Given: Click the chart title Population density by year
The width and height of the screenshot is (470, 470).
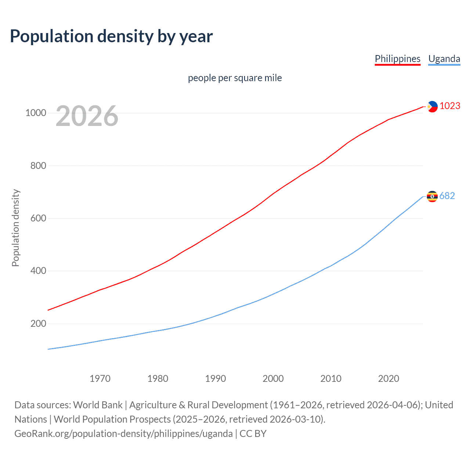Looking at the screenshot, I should [x=111, y=36].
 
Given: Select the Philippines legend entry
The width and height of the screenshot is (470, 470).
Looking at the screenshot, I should [x=397, y=59].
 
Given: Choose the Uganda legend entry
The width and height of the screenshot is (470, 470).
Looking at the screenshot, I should [x=444, y=59].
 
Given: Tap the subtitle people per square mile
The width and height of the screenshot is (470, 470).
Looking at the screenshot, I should [x=235, y=78].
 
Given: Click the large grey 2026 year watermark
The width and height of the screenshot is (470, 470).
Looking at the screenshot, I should [x=87, y=116].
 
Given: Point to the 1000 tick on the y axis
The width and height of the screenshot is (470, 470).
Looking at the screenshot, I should [x=36, y=113].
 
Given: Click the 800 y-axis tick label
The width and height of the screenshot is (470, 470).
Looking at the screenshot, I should [x=38, y=166].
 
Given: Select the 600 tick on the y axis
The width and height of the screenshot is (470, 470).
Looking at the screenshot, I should [x=38, y=218].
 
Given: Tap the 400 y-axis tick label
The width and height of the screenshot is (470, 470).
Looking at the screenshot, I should [x=38, y=271].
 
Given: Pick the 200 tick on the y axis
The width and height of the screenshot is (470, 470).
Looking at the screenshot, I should [x=38, y=323].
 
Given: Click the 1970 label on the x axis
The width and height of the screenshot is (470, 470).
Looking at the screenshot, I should [x=100, y=379].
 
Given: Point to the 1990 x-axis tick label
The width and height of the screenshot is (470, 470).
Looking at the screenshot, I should [x=216, y=379].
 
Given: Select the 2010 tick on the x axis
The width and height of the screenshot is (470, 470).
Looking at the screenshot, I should [x=331, y=379].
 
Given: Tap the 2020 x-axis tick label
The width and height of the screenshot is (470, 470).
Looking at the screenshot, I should [x=388, y=379].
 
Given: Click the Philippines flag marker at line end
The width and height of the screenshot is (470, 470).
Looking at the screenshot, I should [x=432, y=106].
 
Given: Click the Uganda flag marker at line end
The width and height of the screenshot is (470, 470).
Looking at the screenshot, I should [x=432, y=196].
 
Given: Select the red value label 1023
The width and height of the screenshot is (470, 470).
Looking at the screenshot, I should [x=450, y=106].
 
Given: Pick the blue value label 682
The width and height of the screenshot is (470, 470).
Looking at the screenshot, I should [x=447, y=196].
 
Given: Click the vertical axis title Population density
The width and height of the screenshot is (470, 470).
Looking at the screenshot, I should [x=15, y=228].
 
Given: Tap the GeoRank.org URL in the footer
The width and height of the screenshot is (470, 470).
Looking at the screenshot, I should [x=123, y=434].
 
